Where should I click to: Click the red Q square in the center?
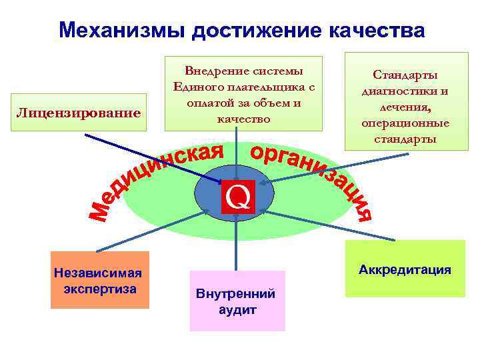pos(238,196)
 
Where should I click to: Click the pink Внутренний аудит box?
pos(237,301)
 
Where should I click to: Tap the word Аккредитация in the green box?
pos(405,270)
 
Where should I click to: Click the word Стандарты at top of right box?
pos(405,75)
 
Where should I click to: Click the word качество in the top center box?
pos(243,119)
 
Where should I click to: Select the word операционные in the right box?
pos(405,123)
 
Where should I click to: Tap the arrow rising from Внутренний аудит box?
pos(237,247)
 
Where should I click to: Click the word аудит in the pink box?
pos(237,310)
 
